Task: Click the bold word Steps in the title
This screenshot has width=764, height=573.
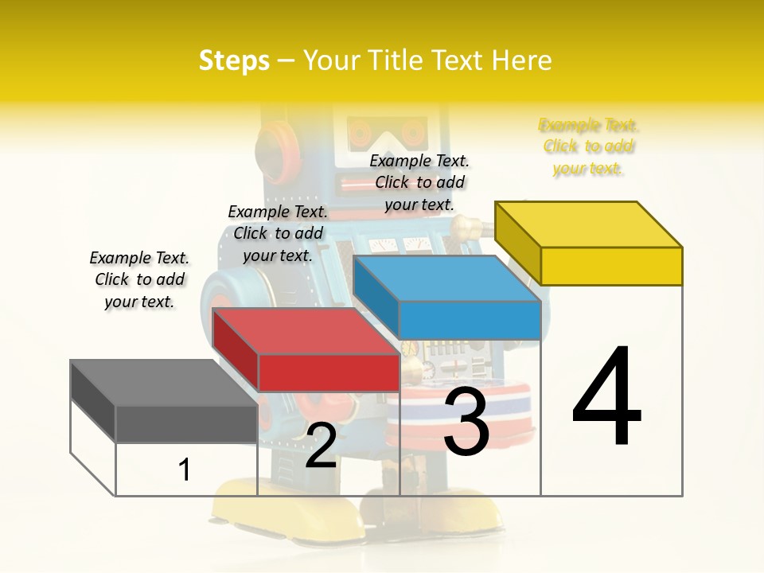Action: click(234, 60)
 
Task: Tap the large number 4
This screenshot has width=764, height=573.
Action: click(606, 397)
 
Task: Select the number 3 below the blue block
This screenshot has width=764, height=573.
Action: click(466, 422)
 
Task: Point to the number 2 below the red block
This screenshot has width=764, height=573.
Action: click(321, 446)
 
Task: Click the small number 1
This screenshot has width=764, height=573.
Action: click(184, 470)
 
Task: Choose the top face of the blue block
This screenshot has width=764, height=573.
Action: click(446, 279)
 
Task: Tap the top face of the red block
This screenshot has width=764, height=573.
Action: click(306, 331)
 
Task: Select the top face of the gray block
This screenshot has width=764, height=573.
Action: click(164, 383)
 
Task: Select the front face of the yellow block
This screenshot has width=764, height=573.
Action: click(611, 266)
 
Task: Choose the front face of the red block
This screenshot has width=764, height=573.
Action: click(329, 372)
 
